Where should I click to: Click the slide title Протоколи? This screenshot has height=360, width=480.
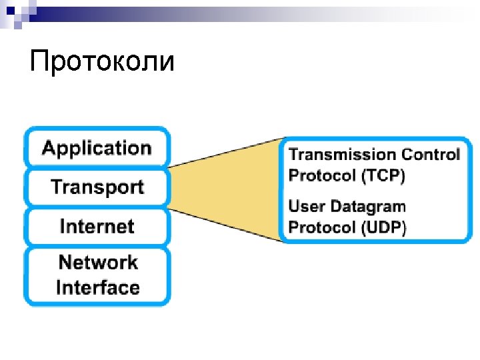pos(102,63)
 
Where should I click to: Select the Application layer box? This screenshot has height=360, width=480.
pos(97,148)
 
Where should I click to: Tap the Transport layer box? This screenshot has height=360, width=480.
pos(97,187)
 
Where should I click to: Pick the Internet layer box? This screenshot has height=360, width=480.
pos(97,227)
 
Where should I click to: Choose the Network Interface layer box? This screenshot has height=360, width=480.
pos(97,275)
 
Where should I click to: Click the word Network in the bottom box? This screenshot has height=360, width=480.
pos(98,262)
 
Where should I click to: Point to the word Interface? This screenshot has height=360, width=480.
pos(98,288)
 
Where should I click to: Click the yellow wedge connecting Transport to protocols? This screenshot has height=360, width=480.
pos(227,188)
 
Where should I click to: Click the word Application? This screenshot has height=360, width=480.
pos(97,148)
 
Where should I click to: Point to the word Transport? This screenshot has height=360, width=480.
pos(97,187)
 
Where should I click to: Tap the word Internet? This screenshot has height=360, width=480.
pos(97,227)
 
